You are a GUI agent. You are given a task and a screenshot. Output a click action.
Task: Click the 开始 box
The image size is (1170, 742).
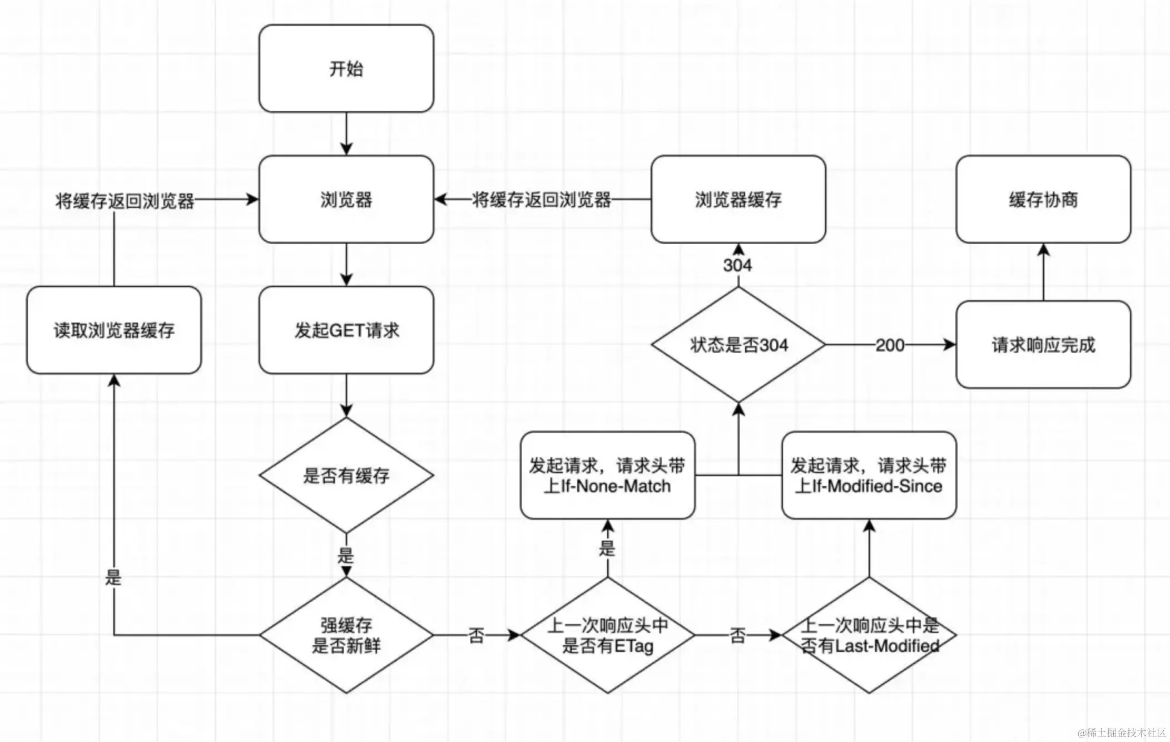(346, 68)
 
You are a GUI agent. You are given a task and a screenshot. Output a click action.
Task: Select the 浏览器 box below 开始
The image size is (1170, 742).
(346, 199)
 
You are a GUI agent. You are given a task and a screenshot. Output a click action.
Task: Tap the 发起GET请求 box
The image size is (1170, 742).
(346, 330)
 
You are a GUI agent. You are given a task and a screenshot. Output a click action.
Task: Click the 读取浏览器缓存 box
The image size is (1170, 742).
(114, 330)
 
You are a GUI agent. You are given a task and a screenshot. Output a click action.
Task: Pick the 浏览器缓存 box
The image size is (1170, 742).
(738, 199)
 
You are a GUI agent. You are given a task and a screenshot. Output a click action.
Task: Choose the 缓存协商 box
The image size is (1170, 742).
(1043, 199)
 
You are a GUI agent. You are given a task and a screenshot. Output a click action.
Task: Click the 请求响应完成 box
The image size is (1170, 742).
(1043, 345)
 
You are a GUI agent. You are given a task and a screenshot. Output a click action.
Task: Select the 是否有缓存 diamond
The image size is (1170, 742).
(346, 476)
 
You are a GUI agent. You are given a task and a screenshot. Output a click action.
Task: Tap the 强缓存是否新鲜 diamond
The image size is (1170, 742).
(346, 635)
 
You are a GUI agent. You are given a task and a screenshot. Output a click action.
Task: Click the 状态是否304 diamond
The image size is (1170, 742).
(738, 345)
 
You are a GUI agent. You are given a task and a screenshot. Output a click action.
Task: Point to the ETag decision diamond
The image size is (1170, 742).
(607, 635)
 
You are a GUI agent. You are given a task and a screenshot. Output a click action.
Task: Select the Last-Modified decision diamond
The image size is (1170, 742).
(869, 635)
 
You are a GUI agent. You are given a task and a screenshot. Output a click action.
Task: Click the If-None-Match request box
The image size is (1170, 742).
(607, 476)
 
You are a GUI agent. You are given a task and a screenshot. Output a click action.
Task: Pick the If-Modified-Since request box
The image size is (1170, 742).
(869, 476)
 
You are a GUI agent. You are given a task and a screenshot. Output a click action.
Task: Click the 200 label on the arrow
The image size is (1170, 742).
(890, 345)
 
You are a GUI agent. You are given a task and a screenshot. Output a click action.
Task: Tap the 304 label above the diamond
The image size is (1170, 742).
(737, 265)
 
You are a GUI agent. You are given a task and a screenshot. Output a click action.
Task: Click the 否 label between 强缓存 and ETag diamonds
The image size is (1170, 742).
(476, 635)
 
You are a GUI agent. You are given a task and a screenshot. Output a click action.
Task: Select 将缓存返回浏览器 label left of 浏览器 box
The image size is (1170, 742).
(125, 200)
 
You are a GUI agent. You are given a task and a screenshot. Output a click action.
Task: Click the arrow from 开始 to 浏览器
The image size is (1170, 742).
(346, 133)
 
